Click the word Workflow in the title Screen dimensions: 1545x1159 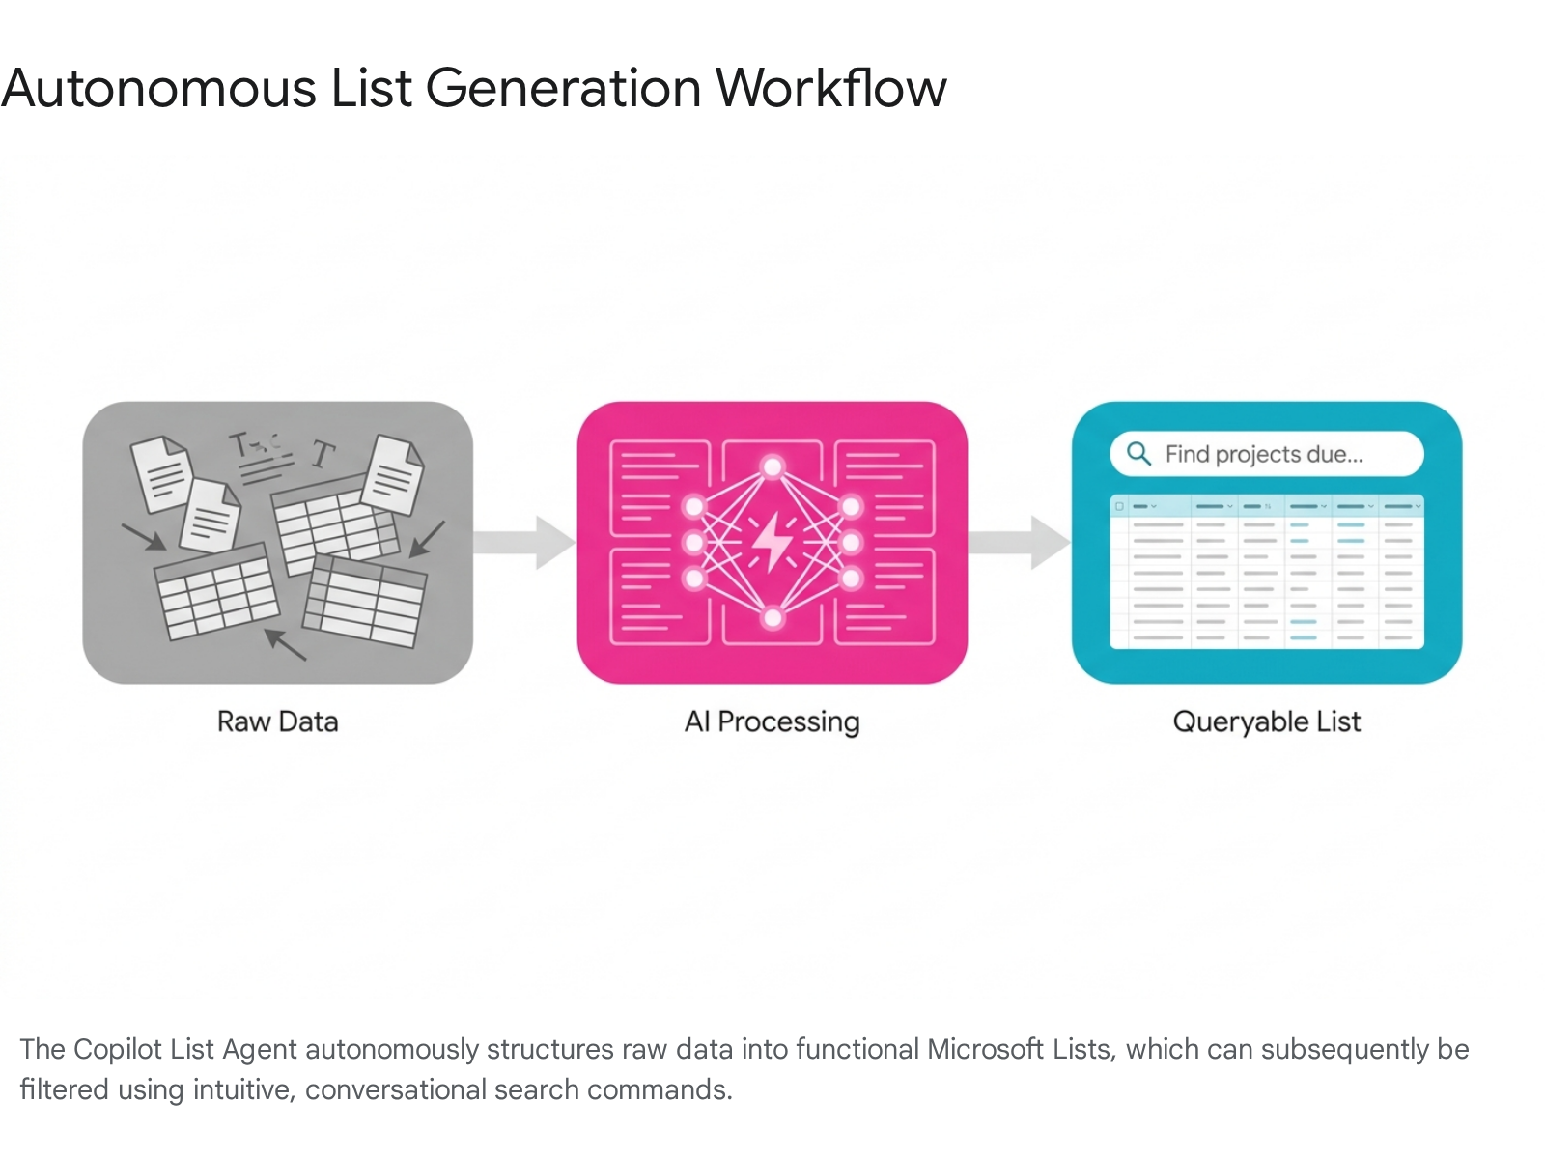(830, 88)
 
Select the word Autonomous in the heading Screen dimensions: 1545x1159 (158, 89)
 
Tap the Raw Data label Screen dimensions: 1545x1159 (277, 721)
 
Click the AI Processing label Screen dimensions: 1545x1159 (772, 722)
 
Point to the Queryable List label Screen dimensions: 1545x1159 (1266, 722)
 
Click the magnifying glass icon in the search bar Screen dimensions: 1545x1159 (1138, 454)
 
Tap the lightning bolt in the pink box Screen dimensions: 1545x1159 (772, 542)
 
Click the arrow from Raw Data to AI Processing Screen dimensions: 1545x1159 (524, 542)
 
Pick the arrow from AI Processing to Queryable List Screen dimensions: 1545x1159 (1019, 542)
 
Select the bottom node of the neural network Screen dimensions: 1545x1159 (772, 618)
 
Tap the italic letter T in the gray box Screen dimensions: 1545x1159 (323, 455)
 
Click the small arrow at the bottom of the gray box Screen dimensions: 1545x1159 (285, 644)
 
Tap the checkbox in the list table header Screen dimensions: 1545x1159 (1119, 507)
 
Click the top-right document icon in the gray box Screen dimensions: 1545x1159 (392, 475)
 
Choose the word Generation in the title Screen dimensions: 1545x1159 (563, 89)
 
